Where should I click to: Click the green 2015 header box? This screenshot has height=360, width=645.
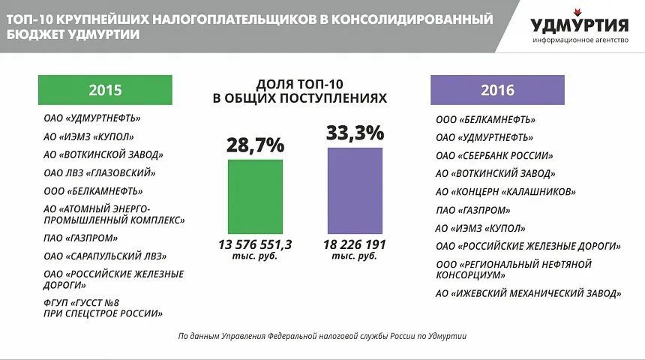tap(105, 90)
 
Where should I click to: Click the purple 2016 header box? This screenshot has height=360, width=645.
tap(496, 90)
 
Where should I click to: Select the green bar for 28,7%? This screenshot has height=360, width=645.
tap(255, 196)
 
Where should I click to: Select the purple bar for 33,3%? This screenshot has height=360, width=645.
tap(355, 190)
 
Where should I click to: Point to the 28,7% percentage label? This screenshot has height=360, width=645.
tap(255, 145)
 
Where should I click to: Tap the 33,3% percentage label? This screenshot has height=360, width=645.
tap(355, 133)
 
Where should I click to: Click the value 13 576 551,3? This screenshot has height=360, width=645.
tap(255, 244)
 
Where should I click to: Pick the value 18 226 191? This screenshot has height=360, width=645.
tap(355, 244)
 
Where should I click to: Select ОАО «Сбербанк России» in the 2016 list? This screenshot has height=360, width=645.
tap(494, 156)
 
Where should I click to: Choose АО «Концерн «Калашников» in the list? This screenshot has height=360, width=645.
tap(505, 192)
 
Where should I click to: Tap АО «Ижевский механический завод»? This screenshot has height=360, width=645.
tap(528, 293)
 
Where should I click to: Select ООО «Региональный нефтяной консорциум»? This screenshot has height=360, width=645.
tap(514, 269)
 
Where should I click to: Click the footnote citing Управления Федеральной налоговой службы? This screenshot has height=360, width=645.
tap(322, 337)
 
